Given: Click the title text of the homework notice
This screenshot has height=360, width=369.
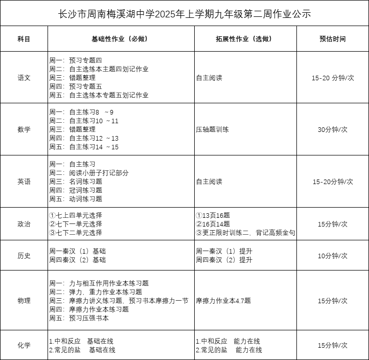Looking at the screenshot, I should click(x=184, y=13).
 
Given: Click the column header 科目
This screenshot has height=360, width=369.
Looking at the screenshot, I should click(x=24, y=39).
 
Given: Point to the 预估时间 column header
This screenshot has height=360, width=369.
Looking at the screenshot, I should click(x=332, y=39).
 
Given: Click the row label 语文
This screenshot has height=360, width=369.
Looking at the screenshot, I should click(x=24, y=78).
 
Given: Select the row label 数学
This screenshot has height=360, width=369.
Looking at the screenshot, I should click(x=24, y=129).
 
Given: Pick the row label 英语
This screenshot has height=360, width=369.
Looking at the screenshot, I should click(x=24, y=182).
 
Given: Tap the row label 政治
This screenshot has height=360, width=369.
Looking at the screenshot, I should click(x=24, y=224).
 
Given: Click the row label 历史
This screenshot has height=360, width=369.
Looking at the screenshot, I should click(x=24, y=256).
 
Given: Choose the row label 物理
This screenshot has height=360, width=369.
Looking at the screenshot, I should click(x=24, y=301).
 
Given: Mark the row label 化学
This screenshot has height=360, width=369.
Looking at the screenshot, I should click(x=24, y=345).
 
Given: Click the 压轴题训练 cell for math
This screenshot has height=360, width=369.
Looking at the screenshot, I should click(x=212, y=129).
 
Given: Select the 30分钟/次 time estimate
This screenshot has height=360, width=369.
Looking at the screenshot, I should click(x=332, y=129).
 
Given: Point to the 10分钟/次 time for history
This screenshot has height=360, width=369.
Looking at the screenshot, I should click(x=332, y=256).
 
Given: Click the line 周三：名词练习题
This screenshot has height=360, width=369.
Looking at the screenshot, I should click(x=76, y=182).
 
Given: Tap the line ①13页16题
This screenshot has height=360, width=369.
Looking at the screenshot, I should click(x=213, y=215).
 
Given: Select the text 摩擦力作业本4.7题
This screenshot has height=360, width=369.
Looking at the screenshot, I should click(x=223, y=301).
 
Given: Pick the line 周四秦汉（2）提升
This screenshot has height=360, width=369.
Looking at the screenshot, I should click(x=224, y=260).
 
